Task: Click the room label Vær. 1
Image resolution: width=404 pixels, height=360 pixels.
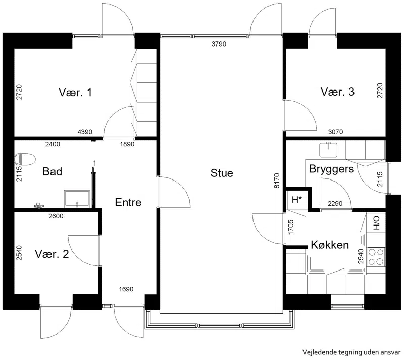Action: (75, 92)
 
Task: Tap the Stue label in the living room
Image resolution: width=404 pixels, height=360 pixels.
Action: (222, 173)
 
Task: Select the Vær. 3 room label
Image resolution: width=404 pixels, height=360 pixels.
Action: (337, 92)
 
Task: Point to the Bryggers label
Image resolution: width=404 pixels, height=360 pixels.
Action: (332, 169)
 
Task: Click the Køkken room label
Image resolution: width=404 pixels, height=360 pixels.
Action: (330, 245)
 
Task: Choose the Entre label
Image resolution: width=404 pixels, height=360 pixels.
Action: (128, 202)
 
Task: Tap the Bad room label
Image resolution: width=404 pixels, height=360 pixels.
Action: (53, 171)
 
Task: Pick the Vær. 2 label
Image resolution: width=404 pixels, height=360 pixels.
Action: (52, 254)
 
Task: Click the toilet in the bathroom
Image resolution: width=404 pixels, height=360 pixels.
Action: (25, 159)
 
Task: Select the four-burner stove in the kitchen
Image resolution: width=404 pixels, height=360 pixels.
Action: (376, 257)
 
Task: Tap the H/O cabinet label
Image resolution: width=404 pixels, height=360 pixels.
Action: (376, 223)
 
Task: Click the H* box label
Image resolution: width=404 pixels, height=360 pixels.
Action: (297, 199)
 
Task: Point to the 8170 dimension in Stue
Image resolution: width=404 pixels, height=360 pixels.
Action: (276, 181)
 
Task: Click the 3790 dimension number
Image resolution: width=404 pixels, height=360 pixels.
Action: (219, 44)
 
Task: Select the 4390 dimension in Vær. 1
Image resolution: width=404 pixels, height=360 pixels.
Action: (85, 132)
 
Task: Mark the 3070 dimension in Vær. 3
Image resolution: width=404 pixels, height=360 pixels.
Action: (335, 132)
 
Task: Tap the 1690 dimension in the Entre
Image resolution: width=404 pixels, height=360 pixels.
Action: (126, 289)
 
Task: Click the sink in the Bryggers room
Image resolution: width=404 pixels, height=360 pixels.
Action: (328, 150)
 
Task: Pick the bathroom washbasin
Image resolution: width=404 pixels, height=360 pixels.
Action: (77, 199)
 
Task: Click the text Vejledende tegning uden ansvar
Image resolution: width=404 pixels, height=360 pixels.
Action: (351, 352)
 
